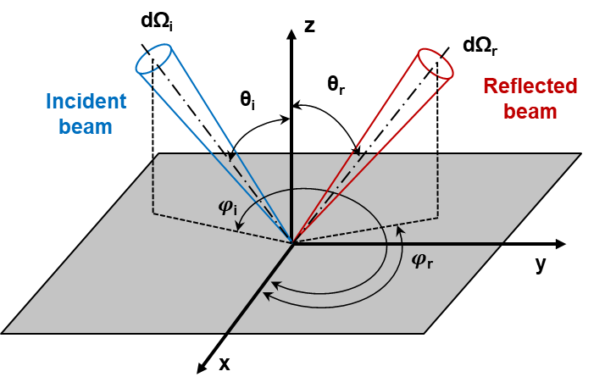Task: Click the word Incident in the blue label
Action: pyautogui.click(x=86, y=102)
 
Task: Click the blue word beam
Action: pyautogui.click(x=86, y=127)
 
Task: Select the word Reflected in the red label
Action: pyautogui.click(x=530, y=86)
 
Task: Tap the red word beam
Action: pyautogui.click(x=530, y=111)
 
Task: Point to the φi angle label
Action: pyautogui.click(x=227, y=206)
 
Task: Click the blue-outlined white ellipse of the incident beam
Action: pyautogui.click(x=154, y=60)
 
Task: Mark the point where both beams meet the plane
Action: pyautogui.click(x=293, y=243)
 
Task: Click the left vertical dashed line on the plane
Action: pyautogui.click(x=153, y=186)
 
